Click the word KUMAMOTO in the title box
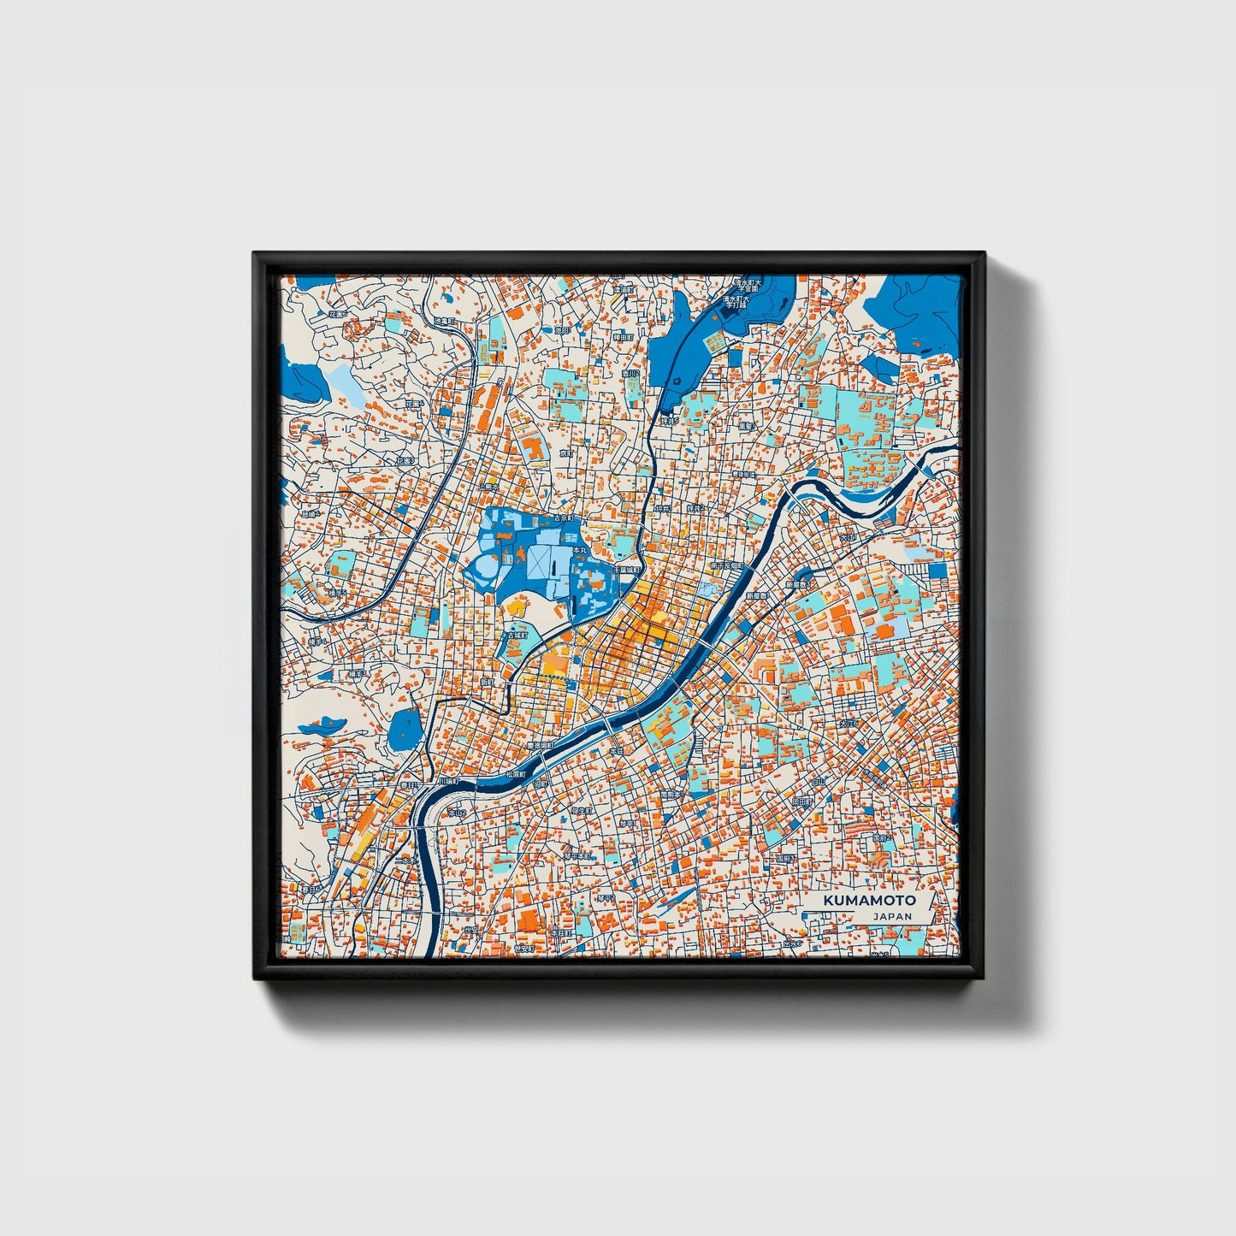tap(869, 901)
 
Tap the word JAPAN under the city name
tap(892, 916)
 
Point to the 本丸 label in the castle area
tap(579, 550)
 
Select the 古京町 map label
tap(562, 519)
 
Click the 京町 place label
tap(565, 452)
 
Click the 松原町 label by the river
tap(515, 775)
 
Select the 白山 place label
tap(819, 781)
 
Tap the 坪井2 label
tap(694, 508)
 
